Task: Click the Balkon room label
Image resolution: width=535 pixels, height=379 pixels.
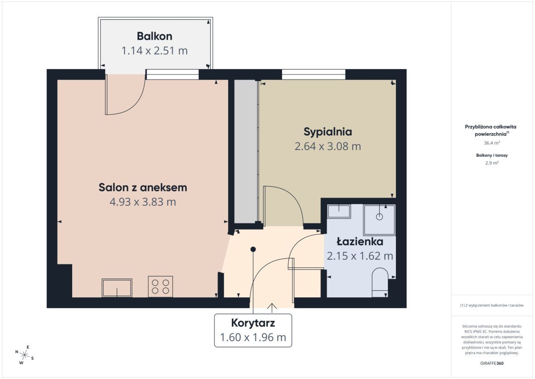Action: click(155, 36)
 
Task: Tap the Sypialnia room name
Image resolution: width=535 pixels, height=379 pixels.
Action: click(328, 132)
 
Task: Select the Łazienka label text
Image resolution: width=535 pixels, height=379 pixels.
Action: click(360, 242)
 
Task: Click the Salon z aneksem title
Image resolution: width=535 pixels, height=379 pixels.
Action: click(143, 187)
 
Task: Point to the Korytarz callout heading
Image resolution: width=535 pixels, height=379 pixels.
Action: click(253, 323)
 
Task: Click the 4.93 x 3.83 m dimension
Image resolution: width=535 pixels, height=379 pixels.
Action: click(143, 202)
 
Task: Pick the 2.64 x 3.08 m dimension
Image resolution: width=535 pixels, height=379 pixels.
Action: click(328, 146)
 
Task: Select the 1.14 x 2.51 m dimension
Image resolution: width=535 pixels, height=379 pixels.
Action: click(155, 51)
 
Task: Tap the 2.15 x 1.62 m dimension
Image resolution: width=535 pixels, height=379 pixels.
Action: click(360, 256)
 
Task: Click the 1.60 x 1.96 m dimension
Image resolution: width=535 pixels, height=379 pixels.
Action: click(253, 337)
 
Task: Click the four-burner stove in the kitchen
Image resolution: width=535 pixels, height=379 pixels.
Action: click(160, 287)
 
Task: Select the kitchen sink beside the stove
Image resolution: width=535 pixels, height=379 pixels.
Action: click(117, 288)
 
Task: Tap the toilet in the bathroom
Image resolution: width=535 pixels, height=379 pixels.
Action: click(380, 283)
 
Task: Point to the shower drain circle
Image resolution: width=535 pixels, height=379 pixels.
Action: click(379, 217)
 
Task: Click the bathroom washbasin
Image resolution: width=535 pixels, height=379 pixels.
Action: click(339, 212)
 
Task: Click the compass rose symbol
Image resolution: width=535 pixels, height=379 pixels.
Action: click(25, 355)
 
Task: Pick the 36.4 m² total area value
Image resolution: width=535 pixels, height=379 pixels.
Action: click(492, 143)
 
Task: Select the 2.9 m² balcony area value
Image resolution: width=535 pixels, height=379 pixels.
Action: click(492, 163)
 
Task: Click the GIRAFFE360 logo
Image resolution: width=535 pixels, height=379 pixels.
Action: click(492, 363)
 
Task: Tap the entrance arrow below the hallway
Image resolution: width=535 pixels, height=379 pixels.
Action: click(272, 308)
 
